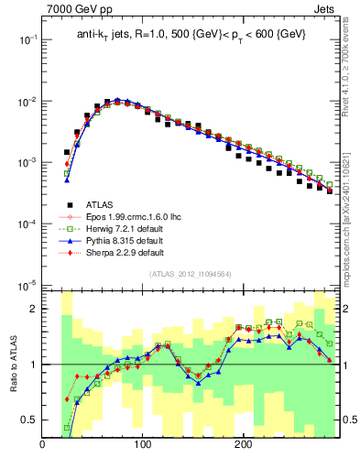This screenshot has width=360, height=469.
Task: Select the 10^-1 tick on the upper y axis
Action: click(x=27, y=39)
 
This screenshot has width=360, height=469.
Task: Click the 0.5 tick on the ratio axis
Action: click(x=29, y=420)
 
